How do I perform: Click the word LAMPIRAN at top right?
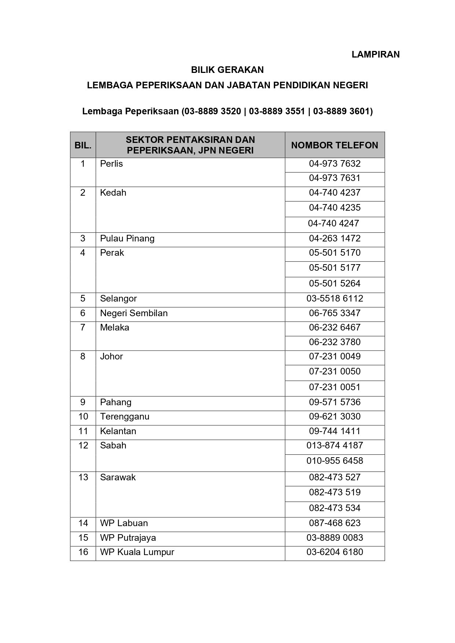375,55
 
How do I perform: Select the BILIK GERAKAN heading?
227,70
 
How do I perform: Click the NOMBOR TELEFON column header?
334,145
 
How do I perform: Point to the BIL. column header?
83,145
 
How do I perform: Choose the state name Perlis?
111,164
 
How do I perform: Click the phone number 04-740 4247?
333,223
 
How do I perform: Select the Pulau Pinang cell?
127,239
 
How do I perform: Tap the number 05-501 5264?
335,283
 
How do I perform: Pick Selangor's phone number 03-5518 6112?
335,298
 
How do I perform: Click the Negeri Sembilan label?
134,313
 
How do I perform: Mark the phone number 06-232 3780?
335,342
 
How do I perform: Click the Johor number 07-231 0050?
335,371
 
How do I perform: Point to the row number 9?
83,402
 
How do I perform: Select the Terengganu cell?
125,417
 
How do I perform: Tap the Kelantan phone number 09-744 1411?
335,431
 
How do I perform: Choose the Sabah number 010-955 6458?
335,461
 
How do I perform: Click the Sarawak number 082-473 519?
335,492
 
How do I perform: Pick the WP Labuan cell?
124,523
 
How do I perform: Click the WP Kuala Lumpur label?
137,552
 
